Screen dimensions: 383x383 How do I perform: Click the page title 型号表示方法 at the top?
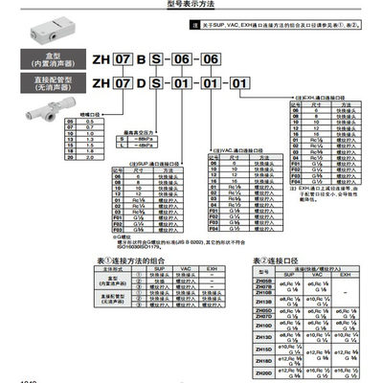click(191, 5)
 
